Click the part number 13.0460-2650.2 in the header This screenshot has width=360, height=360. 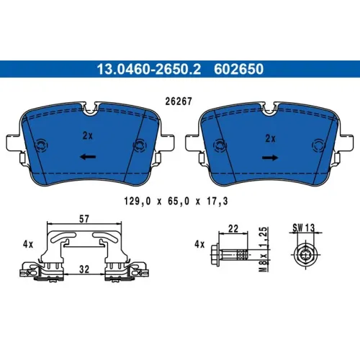pos(148,69)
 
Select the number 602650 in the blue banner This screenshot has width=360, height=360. pos(239,69)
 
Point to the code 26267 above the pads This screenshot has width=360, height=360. pos(179,102)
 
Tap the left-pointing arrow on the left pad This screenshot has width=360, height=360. pos(88,157)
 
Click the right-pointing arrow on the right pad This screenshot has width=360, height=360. pos(270,158)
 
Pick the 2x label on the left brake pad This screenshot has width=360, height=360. pos(87,136)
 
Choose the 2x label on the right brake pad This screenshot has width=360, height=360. pos(270,138)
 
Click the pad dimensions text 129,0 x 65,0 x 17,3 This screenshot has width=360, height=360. pos(176,201)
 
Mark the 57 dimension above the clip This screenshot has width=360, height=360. pos(84,219)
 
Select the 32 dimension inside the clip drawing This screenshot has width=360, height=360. pos(84,269)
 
